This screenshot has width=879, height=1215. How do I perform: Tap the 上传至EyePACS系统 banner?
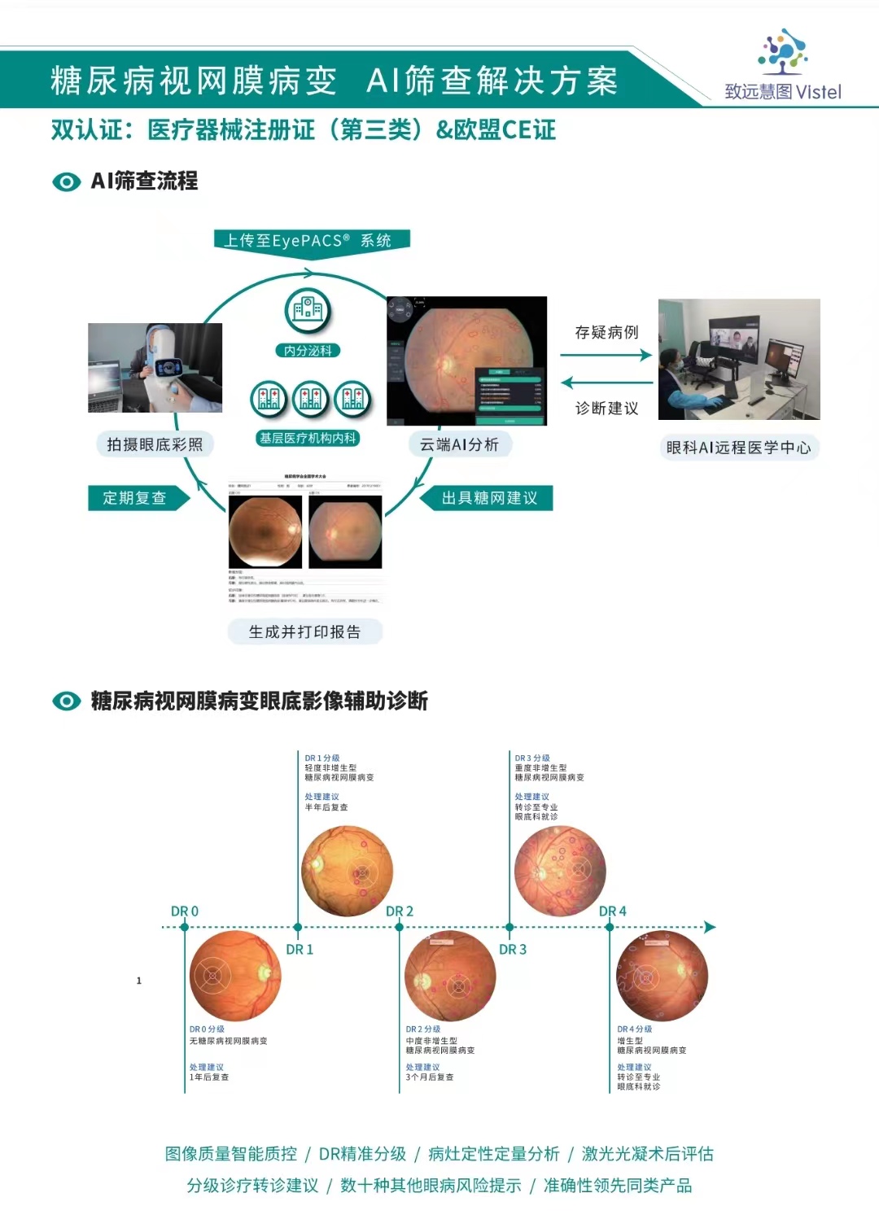pyautogui.click(x=310, y=241)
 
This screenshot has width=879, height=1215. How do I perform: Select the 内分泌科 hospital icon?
pyautogui.click(x=308, y=312)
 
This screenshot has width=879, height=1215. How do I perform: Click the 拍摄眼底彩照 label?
pyautogui.click(x=155, y=444)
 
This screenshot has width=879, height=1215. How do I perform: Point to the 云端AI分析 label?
pyautogui.click(x=459, y=444)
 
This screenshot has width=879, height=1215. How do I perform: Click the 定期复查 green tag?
pyautogui.click(x=135, y=498)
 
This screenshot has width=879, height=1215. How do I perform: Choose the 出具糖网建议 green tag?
pyautogui.click(x=488, y=498)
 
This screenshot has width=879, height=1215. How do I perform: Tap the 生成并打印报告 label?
pyautogui.click(x=304, y=632)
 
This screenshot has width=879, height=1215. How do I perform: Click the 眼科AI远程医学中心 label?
pyautogui.click(x=738, y=447)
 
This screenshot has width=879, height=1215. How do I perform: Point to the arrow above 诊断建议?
pyautogui.click(x=606, y=382)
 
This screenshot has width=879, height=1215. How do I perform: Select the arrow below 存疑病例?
pyautogui.click(x=606, y=355)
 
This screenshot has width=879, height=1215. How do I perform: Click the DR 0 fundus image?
pyautogui.click(x=235, y=976)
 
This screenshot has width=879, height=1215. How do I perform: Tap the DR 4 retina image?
pyautogui.click(x=663, y=976)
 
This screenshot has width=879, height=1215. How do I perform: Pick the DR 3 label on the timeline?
pyautogui.click(x=513, y=950)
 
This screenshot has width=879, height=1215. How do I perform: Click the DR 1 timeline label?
pyautogui.click(x=300, y=950)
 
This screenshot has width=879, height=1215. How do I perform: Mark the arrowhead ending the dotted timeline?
pyautogui.click(x=710, y=927)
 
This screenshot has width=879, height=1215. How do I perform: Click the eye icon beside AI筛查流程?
pyautogui.click(x=66, y=181)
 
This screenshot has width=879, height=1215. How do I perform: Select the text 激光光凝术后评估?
pyautogui.click(x=647, y=1153)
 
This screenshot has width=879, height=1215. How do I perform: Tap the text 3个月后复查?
pyautogui.click(x=430, y=1077)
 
